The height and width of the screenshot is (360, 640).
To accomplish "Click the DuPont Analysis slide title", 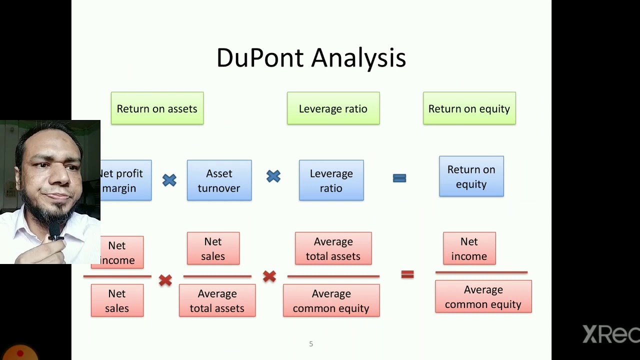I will pos(311,58).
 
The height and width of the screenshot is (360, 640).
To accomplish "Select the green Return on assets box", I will pos(157,108).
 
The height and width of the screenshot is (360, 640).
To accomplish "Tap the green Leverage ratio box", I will pos(333,108).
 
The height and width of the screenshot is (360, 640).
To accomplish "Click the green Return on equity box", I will pos(469,108).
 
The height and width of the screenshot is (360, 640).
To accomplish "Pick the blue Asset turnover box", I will pos(219,180).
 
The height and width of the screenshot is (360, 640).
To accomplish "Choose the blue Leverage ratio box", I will pos(331,180).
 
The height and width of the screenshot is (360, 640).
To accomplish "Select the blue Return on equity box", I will pos(471,176).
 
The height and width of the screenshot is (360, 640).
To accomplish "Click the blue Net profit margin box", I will pos(126,180).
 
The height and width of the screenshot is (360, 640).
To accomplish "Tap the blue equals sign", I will pos(399,178).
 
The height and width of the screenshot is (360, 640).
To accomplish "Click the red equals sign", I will pos(407,274).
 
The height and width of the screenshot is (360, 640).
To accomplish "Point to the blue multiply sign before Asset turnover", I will pos(169,180).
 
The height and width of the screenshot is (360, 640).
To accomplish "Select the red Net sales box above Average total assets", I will pos(213,248).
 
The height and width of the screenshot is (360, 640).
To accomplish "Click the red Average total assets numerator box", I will pos(333,248).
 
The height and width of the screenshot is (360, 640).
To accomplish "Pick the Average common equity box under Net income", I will pos(483,296).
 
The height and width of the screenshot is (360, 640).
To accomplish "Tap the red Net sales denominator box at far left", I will pos(117,300).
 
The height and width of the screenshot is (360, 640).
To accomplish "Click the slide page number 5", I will pos(311,344).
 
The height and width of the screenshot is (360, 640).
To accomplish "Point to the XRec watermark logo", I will pos(611,334).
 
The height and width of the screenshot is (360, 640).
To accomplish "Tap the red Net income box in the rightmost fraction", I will pos(469,248).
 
